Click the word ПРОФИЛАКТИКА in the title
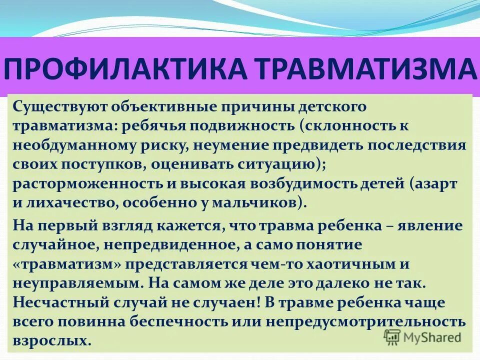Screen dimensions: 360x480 pos(126,69)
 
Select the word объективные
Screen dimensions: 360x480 pos(156,106)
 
